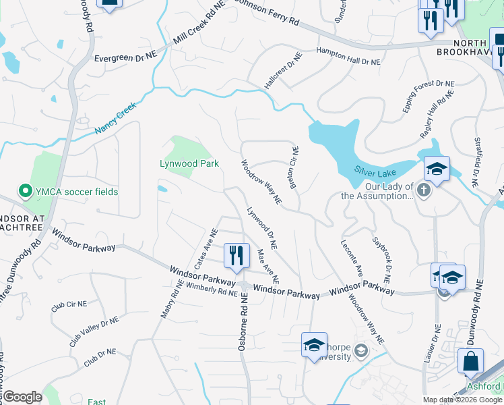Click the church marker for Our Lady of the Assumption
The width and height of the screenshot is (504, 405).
pos(423,190)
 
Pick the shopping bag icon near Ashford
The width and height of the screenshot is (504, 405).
pos(470,362)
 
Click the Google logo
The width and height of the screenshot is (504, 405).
pos(22,397)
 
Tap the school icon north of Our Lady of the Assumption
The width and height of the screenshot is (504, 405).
pos(437,169)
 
